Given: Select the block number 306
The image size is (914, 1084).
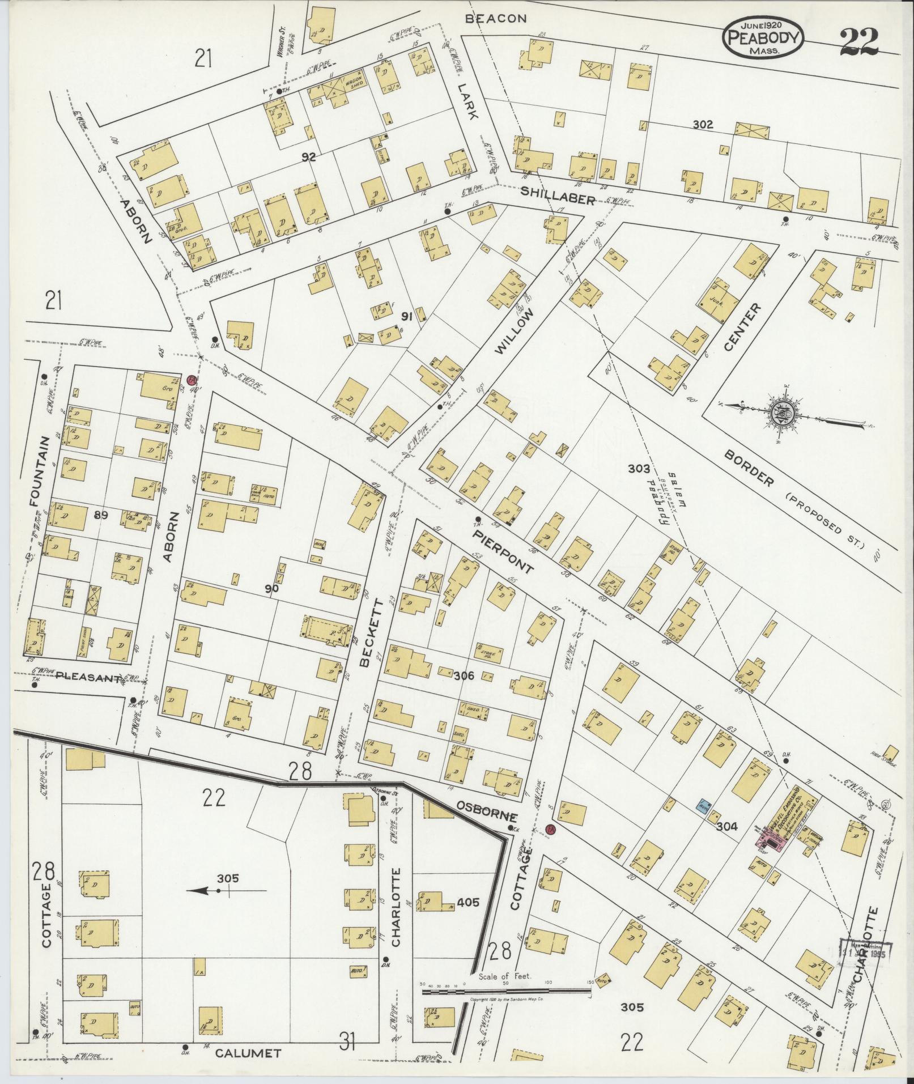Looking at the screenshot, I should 464,675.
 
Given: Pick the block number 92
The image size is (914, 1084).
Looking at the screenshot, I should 308,157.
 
